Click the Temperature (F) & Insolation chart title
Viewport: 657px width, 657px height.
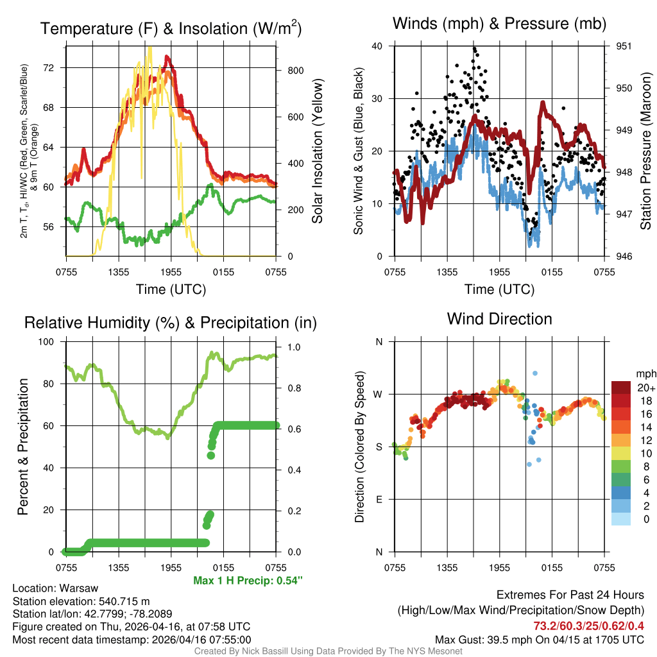171,29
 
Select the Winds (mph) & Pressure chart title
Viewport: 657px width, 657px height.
499,24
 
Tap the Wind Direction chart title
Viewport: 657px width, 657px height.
499,319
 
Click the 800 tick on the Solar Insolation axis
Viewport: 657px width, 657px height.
294,71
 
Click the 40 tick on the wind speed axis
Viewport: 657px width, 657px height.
377,46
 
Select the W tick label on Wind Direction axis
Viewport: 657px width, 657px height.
379,394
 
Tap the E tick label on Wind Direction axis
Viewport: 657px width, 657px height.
379,499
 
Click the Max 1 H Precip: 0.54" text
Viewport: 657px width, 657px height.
248,581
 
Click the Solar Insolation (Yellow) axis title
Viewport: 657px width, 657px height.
317,151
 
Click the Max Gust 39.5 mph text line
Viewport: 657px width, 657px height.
539,639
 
